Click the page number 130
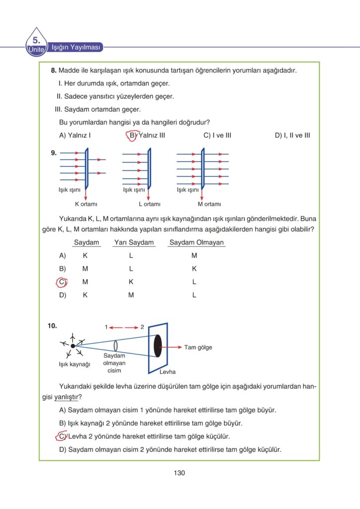point(180,473)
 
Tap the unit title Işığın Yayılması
point(77,48)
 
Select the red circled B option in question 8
point(132,135)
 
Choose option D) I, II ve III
point(292,135)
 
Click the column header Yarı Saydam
point(134,243)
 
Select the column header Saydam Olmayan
point(196,243)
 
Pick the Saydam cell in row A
point(85,255)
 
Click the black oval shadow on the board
point(158,346)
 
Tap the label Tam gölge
point(198,347)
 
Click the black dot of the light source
point(73,346)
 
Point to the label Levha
point(168,372)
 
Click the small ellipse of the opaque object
point(115,345)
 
